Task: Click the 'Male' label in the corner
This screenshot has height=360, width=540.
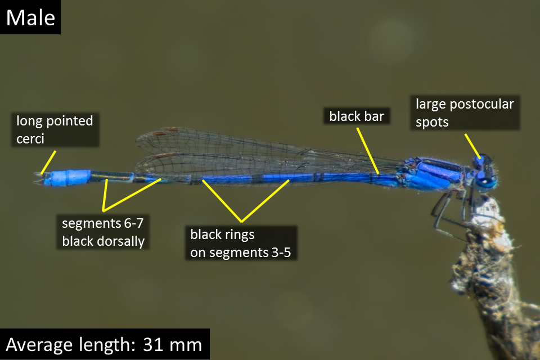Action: tap(30, 17)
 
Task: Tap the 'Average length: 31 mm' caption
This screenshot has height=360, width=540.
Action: tap(105, 344)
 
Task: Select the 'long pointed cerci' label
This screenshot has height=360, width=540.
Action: tap(55, 130)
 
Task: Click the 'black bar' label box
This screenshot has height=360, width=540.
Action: tap(357, 116)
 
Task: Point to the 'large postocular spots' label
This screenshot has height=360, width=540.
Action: tap(465, 112)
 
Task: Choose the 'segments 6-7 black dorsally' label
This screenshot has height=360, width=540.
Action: tap(102, 232)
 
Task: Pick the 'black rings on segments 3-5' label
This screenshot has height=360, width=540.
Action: tap(241, 243)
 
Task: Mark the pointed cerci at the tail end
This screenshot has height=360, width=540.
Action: tap(39, 178)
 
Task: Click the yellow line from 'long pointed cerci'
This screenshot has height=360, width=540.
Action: tap(48, 162)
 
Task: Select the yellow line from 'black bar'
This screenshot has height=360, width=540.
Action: tap(368, 151)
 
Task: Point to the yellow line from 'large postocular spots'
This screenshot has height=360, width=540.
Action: tap(472, 146)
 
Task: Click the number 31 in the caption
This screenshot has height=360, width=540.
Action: tap(153, 344)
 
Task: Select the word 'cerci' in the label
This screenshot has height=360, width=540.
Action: tap(30, 139)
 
